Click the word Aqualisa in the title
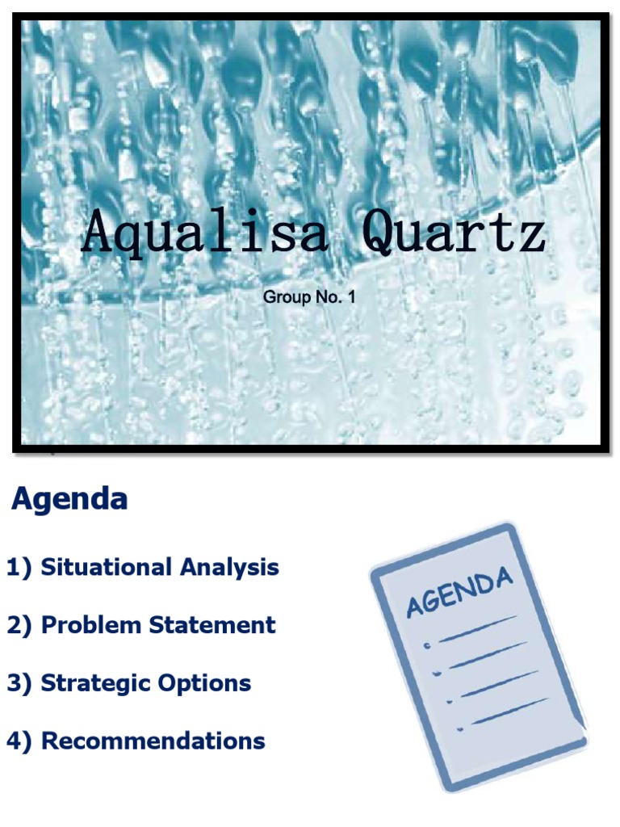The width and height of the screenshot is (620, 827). (205, 232)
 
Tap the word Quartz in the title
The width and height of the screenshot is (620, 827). (454, 232)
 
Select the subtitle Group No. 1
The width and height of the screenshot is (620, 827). (309, 298)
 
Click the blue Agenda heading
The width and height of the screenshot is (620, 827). (69, 500)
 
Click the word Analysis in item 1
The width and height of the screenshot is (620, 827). (229, 568)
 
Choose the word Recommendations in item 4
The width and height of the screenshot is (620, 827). (153, 741)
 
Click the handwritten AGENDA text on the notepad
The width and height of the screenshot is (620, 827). (459, 593)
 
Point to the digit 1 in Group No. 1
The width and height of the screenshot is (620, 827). (351, 298)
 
